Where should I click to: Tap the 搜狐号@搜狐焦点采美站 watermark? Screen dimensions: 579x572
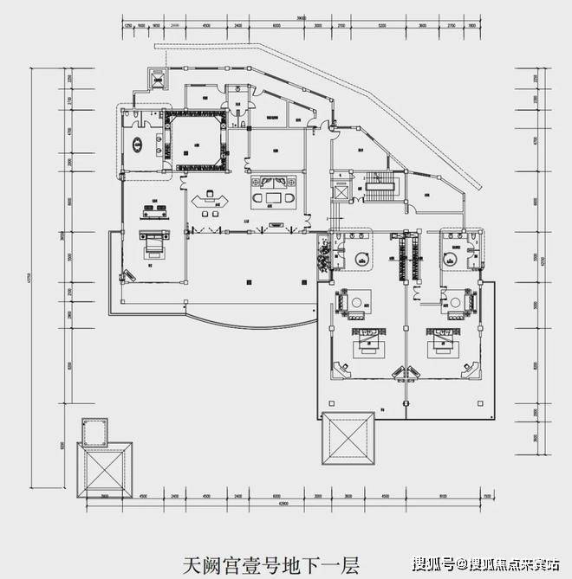484,565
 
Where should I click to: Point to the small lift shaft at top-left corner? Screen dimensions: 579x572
158,77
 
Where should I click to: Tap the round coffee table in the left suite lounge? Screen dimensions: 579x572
357,302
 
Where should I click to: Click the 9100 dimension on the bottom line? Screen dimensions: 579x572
443,497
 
